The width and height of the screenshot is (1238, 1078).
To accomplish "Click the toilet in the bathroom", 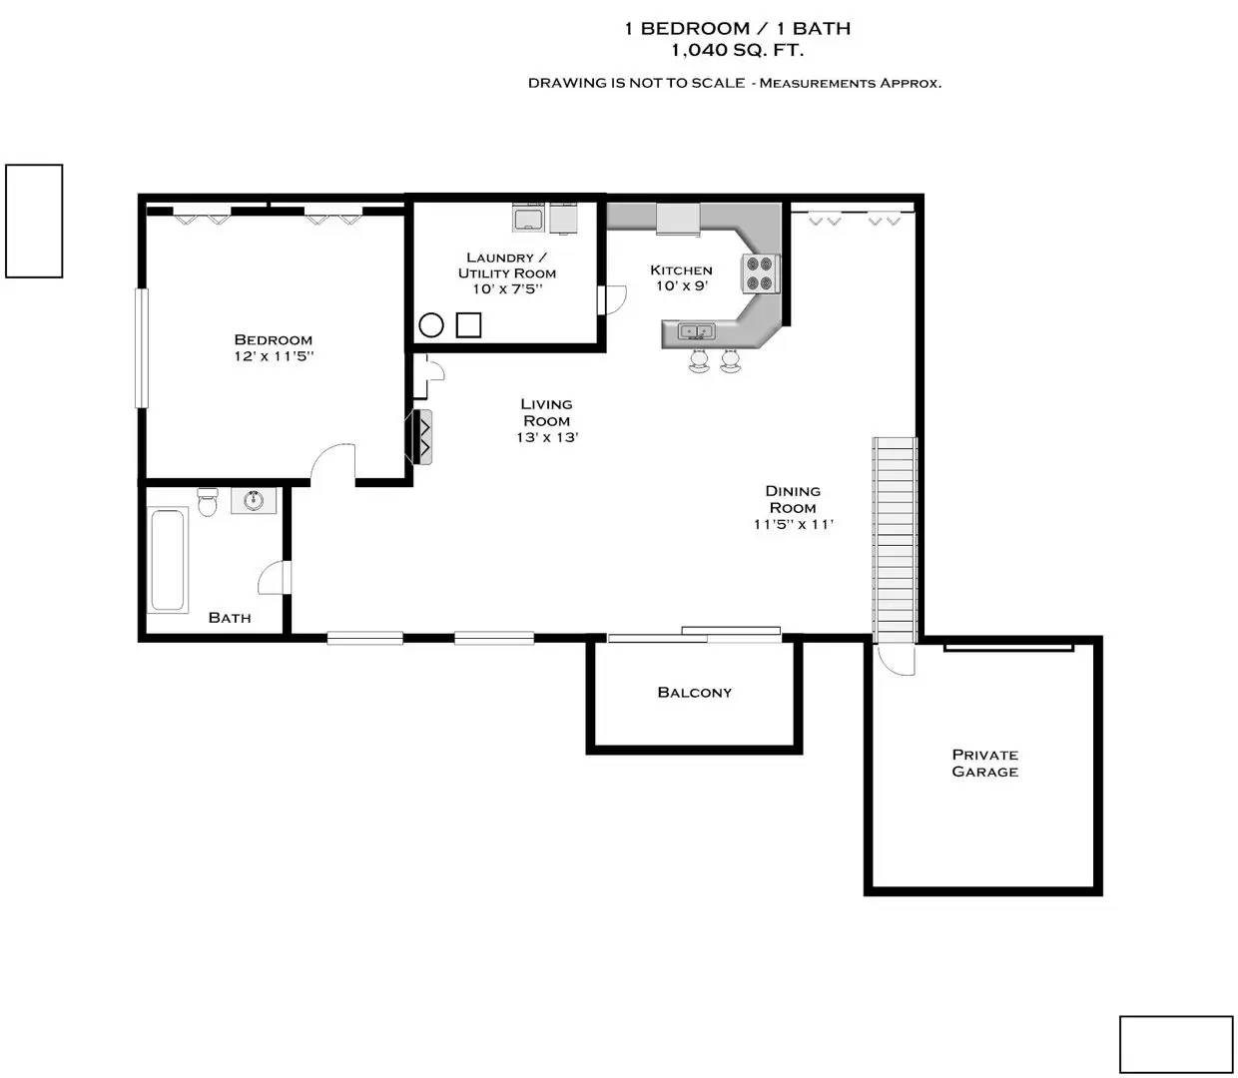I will click(208, 501).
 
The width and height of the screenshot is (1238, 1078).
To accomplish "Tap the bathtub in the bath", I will click(168, 560).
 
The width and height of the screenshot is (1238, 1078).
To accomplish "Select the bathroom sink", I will click(254, 500).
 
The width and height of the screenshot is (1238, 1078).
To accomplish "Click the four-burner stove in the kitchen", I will click(760, 273).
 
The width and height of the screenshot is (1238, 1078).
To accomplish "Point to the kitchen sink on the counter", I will click(696, 331).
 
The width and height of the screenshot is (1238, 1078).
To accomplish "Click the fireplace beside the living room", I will click(419, 437).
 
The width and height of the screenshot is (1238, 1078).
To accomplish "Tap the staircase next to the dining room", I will click(895, 539).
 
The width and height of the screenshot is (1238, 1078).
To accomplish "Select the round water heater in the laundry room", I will click(431, 324).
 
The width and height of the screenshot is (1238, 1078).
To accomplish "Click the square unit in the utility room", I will click(468, 324).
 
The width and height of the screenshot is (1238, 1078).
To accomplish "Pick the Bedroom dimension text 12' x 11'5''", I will click(274, 356).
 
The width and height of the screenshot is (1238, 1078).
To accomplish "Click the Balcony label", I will click(694, 693).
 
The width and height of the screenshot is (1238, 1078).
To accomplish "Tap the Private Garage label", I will click(984, 763).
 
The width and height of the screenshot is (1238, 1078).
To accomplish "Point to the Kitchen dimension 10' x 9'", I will click(681, 286).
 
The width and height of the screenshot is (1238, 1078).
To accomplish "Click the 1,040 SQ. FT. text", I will click(737, 50).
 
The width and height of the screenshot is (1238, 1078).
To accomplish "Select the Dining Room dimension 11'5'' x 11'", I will click(793, 524).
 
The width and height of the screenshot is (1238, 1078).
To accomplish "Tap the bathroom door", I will click(274, 578).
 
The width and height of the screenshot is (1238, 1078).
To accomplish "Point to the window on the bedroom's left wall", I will click(141, 347).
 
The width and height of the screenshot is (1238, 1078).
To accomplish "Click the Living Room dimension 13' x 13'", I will click(547, 437).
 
